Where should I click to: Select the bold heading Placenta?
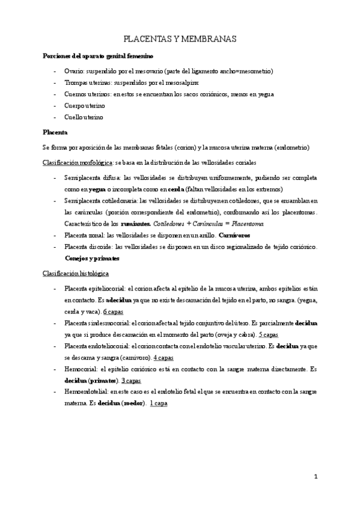tap(55, 132)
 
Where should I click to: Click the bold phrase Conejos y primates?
tap(92, 259)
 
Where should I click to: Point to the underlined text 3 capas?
tap(132, 381)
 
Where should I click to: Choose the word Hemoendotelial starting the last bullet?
tap(88, 392)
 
